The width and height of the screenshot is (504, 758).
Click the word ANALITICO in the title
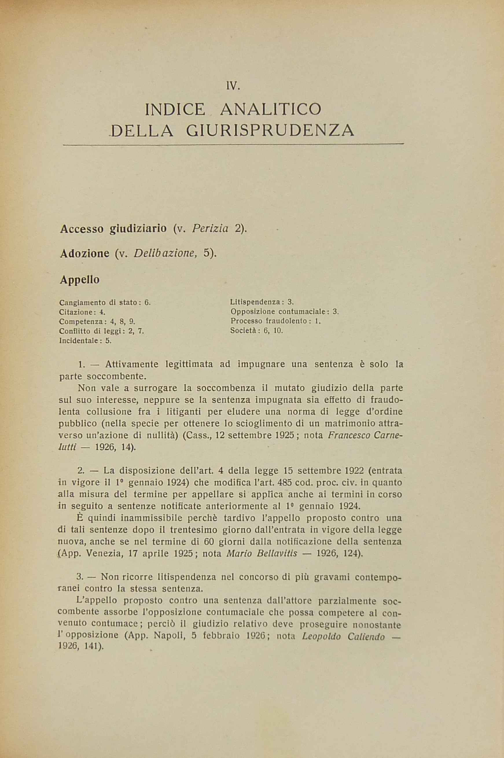270,109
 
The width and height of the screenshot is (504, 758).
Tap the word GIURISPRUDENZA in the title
270,130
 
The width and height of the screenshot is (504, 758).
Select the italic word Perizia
210,228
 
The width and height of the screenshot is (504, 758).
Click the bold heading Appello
80,279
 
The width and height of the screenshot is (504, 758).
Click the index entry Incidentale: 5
85,341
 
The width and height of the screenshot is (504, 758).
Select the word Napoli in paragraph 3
166,636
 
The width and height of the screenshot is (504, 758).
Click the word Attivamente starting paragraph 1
132,364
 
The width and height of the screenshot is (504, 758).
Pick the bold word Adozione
85,253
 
